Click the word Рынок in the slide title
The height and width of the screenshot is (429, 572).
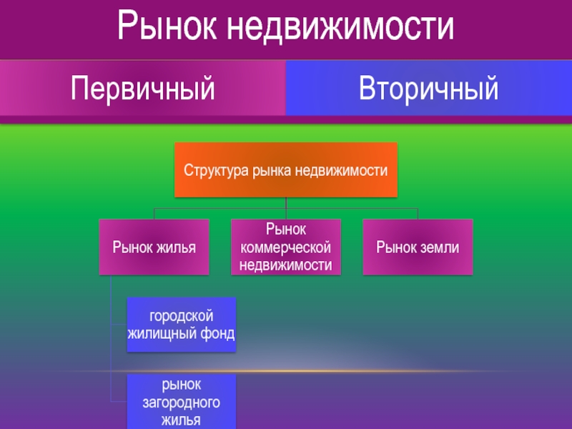tap(165, 27)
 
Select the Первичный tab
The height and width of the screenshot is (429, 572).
tap(143, 89)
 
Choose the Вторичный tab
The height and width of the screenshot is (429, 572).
tap(428, 89)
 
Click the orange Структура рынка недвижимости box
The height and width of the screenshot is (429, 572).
tap(285, 171)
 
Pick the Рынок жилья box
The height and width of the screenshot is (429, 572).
tap(154, 247)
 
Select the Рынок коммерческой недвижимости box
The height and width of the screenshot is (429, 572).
tap(286, 247)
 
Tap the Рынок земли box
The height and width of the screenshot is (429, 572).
tap(418, 247)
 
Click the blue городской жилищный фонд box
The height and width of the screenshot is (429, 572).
tap(181, 325)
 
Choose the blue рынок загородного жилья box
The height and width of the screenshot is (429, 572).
tap(181, 401)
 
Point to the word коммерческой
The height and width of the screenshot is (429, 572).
tap(286, 247)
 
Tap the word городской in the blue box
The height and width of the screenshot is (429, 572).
tap(181, 316)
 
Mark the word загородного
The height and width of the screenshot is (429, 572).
tap(181, 403)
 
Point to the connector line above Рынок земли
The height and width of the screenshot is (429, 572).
tap(418, 214)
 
